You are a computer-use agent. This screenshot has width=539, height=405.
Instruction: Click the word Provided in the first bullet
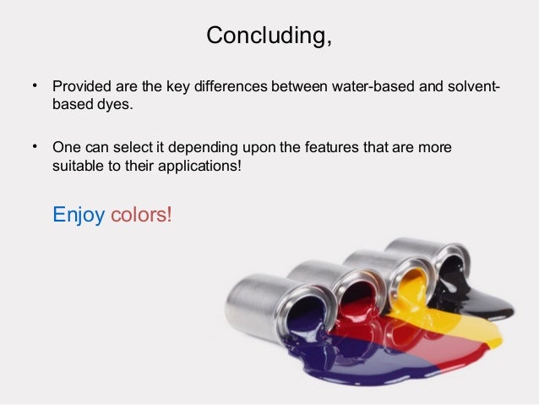(81, 88)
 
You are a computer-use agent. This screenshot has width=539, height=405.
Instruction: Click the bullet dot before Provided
(35, 86)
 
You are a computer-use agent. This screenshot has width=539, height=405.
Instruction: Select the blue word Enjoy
(79, 215)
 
